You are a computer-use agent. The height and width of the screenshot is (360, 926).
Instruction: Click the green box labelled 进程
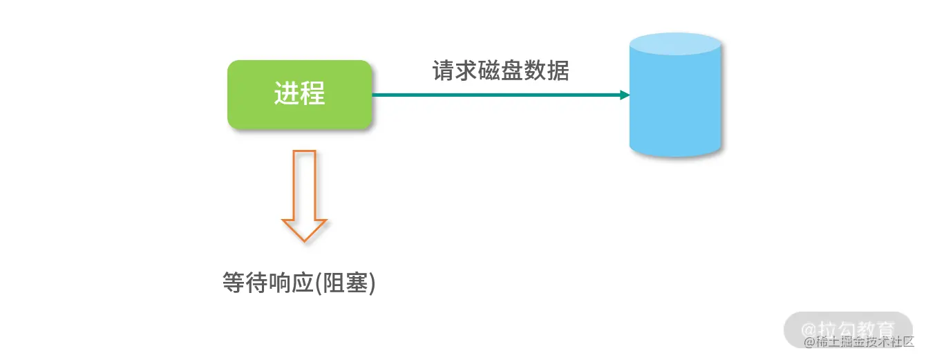299,95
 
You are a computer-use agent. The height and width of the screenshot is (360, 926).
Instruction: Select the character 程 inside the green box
312,93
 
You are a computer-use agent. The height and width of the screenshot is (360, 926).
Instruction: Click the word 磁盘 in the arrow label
500,70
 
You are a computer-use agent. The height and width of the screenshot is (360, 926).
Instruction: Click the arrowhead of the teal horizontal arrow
625,95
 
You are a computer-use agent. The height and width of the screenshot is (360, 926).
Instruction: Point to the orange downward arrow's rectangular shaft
305,184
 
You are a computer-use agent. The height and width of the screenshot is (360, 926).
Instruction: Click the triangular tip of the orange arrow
305,232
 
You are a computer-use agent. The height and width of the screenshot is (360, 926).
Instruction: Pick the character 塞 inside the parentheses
358,283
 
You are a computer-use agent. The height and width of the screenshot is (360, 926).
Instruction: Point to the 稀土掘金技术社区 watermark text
865,341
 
